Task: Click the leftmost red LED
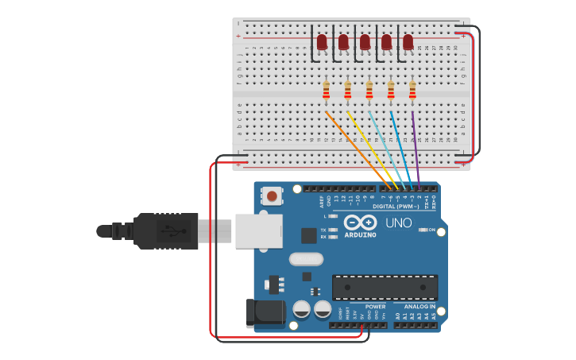click(322, 41)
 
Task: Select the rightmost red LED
click(408, 41)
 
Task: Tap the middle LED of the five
click(365, 41)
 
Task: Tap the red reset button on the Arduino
click(273, 195)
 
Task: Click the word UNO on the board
click(398, 223)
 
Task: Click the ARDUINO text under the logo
click(360, 235)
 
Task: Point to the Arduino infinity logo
click(360, 222)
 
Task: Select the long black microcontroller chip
click(385, 286)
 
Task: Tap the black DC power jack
click(265, 313)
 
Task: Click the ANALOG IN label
click(419, 307)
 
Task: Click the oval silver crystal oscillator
click(306, 258)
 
